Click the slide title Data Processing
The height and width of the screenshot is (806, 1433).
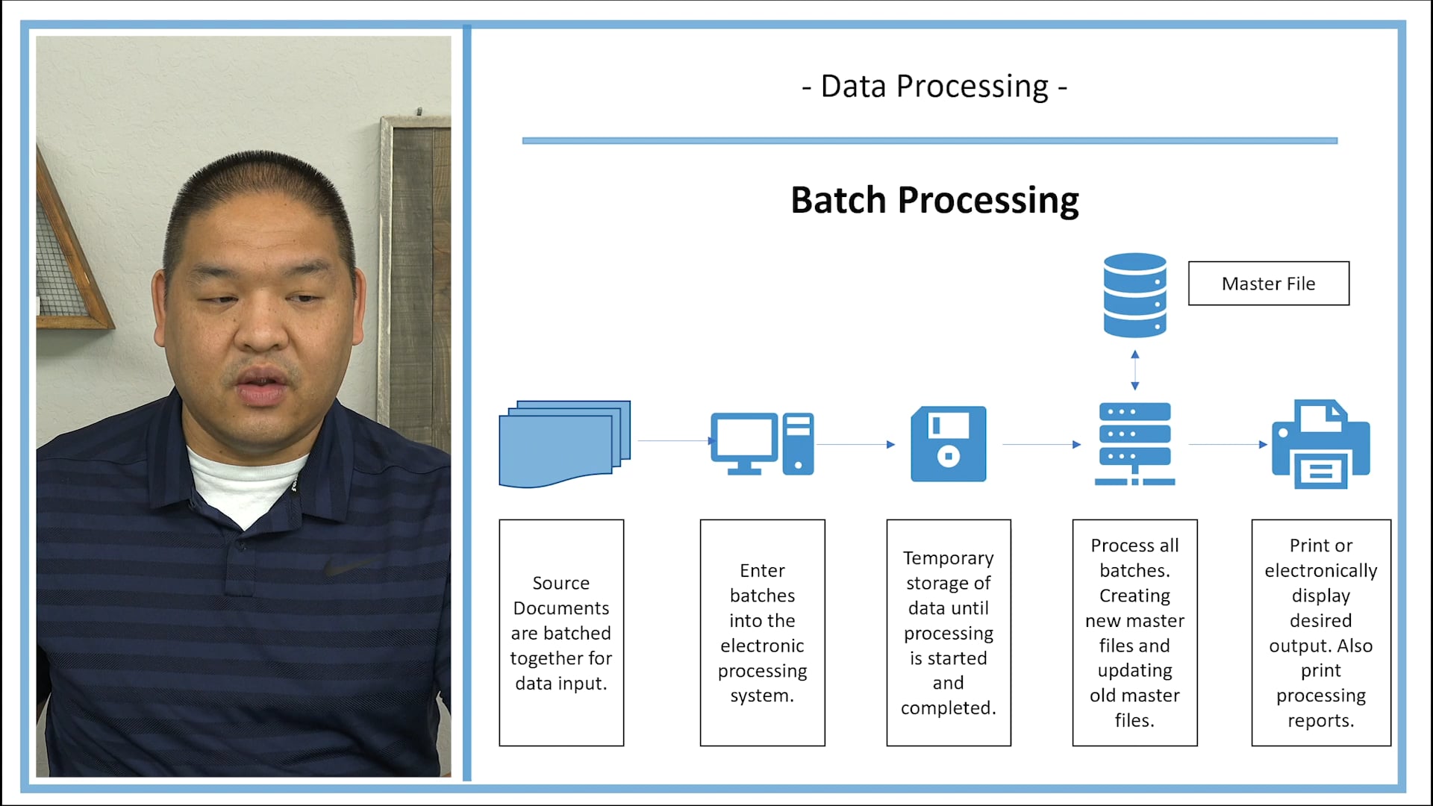tap(934, 87)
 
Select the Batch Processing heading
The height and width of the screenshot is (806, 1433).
tap(934, 200)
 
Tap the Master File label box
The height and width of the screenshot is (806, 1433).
tap(1268, 284)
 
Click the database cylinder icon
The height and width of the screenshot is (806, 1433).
tap(1134, 296)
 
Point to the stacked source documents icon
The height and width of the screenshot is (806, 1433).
tap(564, 444)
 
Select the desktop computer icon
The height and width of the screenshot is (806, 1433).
tap(761, 444)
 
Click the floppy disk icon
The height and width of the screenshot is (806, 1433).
tap(948, 444)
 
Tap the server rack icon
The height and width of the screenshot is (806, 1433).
tap(1134, 444)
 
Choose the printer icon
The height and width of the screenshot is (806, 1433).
tap(1320, 444)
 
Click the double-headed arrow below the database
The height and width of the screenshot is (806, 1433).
tap(1134, 370)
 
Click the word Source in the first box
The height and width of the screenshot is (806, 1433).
tap(561, 583)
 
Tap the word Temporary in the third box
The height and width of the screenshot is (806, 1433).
tap(948, 558)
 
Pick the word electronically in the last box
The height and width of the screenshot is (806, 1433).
tap(1320, 571)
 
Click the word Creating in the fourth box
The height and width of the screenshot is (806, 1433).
tap(1134, 596)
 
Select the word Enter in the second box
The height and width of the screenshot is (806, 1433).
tap(762, 571)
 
